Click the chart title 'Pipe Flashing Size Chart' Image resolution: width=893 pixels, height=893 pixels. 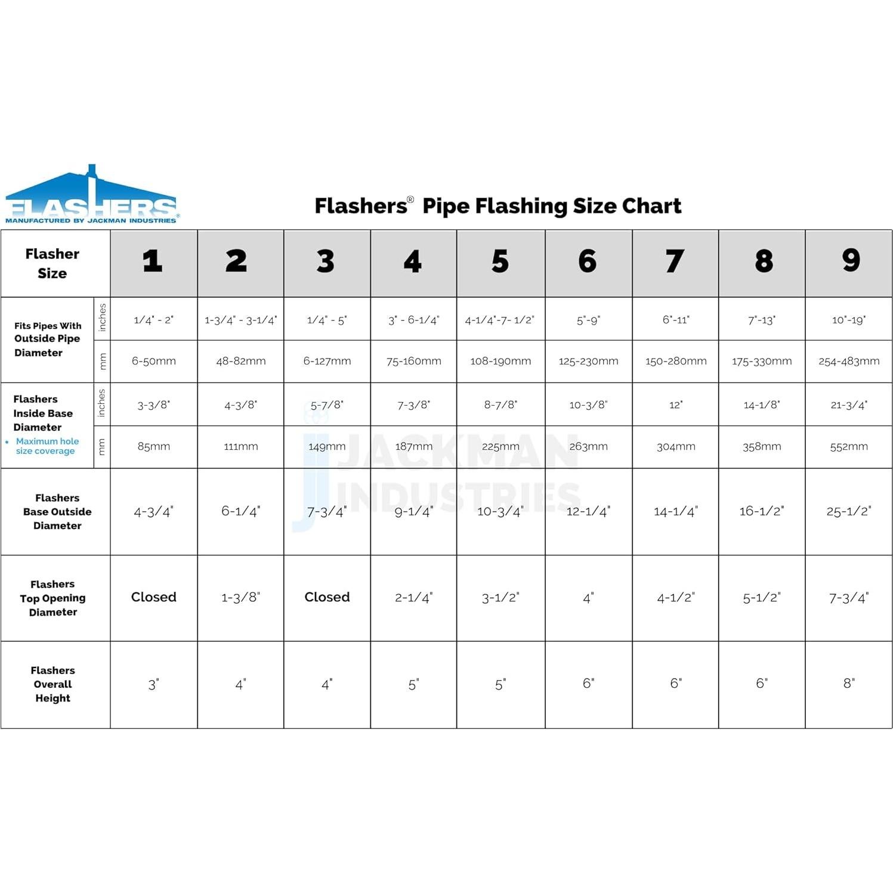pos(551,206)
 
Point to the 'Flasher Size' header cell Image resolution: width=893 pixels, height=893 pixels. pos(52,263)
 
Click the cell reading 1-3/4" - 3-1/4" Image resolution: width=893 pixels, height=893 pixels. pos(240,320)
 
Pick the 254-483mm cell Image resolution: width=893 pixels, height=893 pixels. pos(848,361)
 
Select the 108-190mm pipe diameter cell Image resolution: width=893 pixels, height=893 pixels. pos(500,361)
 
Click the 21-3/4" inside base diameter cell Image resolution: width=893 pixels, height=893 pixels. pos(848,404)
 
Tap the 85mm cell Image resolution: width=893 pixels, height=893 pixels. pos(153,446)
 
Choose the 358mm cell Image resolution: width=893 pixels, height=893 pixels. pos(761,446)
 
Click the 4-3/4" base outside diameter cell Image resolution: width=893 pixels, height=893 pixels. pos(153,511)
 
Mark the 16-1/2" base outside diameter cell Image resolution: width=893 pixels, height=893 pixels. pos(761,511)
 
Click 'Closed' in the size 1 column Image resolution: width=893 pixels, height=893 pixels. pos(153,597)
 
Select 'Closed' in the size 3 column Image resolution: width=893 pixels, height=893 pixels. pos(327,597)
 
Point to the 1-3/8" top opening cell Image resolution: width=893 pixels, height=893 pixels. pos(240,597)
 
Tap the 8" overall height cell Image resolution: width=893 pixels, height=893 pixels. pos(848,684)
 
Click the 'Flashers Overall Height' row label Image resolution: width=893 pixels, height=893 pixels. pos(53,684)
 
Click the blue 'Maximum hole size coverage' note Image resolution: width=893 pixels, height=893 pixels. pos(47,446)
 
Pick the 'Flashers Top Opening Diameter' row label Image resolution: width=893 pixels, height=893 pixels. pos(53,598)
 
